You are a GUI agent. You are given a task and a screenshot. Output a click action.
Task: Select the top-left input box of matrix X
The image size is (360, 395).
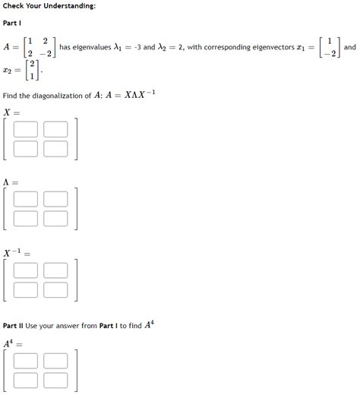point(26,131)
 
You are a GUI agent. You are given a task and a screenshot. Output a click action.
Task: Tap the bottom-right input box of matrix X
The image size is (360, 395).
point(55,148)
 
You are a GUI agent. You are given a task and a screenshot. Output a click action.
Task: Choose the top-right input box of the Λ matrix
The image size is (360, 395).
point(55,200)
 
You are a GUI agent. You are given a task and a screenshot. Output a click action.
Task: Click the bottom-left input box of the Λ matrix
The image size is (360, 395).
point(26,218)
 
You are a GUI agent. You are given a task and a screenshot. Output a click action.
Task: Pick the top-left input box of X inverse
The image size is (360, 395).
point(26,270)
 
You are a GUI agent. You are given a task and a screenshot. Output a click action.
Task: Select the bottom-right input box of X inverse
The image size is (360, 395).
point(55,289)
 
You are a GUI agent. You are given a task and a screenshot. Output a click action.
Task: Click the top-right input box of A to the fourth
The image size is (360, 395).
point(55,360)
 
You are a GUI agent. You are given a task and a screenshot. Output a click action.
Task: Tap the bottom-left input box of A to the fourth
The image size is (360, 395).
point(26,378)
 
